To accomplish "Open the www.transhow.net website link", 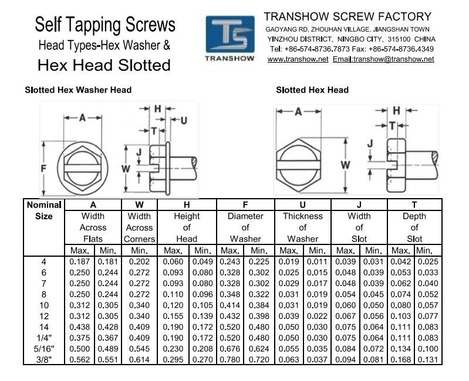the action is [x=298, y=59].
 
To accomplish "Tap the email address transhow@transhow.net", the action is [x=394, y=59].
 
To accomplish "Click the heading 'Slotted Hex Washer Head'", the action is [x=78, y=90].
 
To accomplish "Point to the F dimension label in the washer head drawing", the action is [x=43, y=168].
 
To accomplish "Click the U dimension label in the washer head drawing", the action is [x=184, y=121].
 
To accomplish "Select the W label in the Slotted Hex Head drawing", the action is [x=346, y=165].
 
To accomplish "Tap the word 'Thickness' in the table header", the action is [x=303, y=216].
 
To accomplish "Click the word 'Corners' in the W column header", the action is [x=139, y=239].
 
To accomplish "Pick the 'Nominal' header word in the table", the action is [x=44, y=205].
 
